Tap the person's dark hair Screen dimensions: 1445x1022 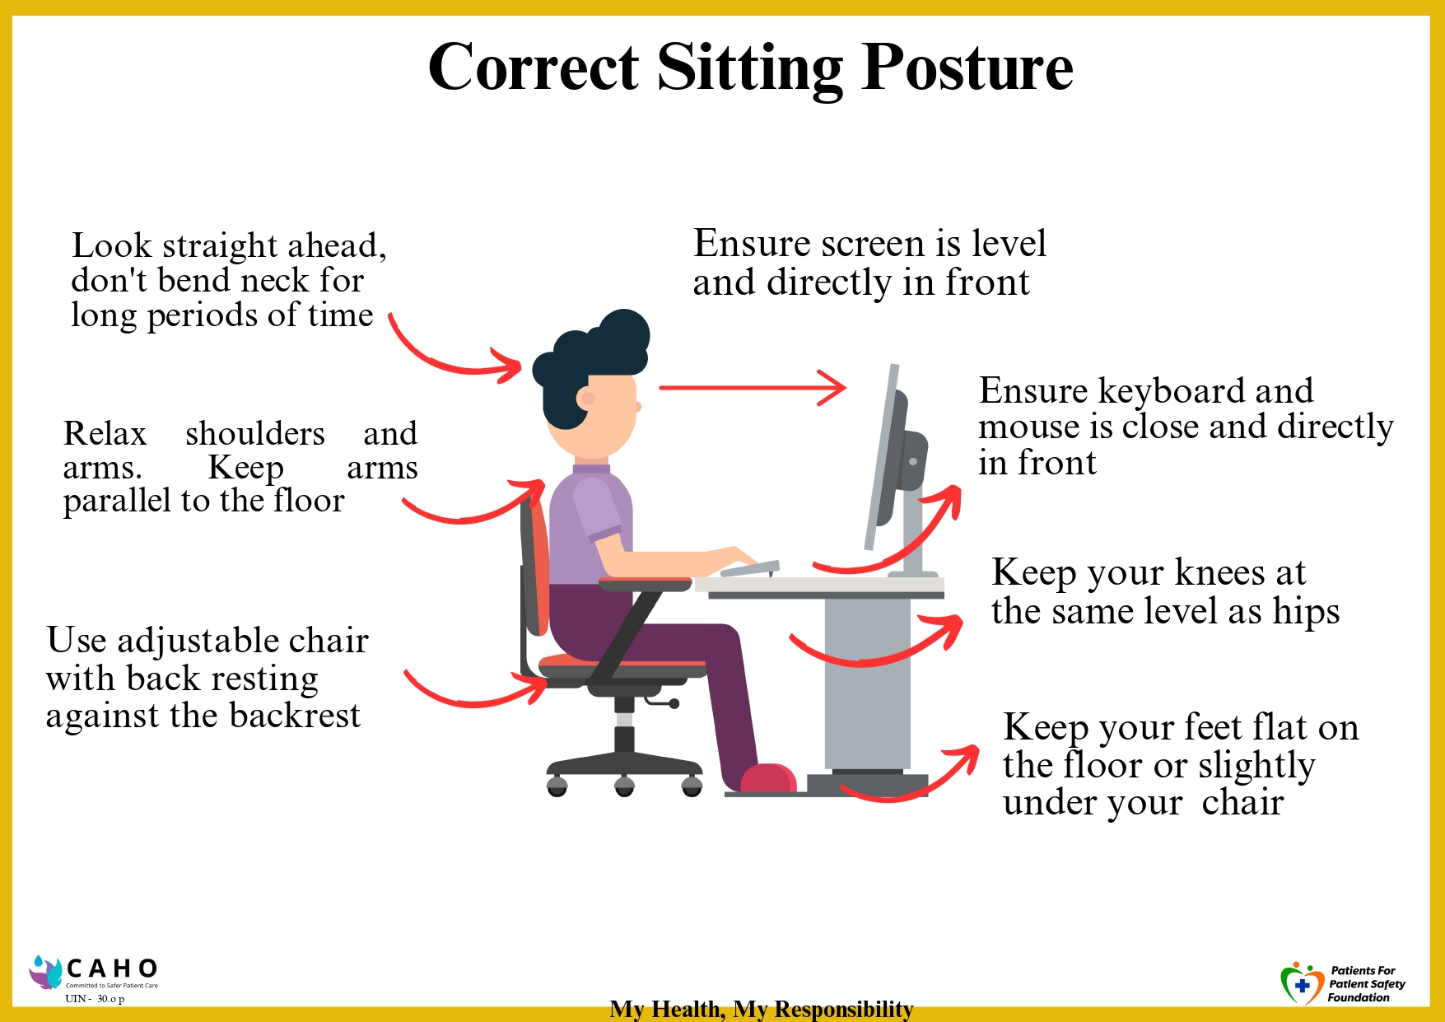coord(593,362)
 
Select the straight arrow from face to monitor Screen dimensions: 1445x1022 coord(753,386)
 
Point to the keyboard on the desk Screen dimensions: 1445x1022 coord(749,568)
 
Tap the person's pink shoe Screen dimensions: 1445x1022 coord(768,778)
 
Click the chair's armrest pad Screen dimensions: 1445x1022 coord(646,585)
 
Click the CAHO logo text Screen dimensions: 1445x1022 coord(113,968)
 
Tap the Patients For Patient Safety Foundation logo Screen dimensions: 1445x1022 coord(1343,983)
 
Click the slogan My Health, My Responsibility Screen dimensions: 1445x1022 coord(762,1009)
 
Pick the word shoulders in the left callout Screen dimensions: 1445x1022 coord(255,434)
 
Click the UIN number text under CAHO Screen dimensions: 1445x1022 coord(95,999)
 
